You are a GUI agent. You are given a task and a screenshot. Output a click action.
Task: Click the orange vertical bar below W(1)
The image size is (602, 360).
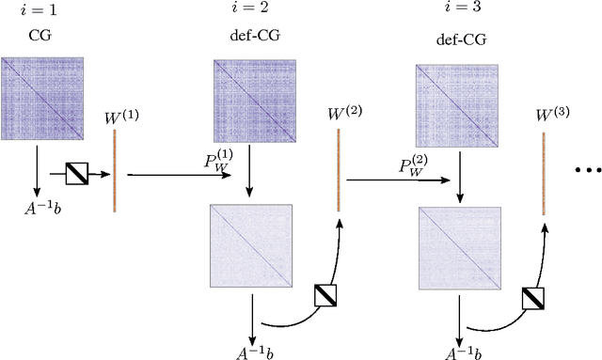pyautogui.click(x=115, y=171)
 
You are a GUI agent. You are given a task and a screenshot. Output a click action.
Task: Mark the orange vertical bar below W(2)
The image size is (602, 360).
pyautogui.click(x=338, y=170)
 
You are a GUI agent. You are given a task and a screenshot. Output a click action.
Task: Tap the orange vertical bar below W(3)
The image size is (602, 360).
pyautogui.click(x=544, y=174)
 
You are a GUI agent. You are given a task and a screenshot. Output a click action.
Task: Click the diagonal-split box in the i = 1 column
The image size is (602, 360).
pyautogui.click(x=77, y=173)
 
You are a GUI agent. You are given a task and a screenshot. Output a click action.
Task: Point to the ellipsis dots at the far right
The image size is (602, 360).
pyautogui.click(x=587, y=171)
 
